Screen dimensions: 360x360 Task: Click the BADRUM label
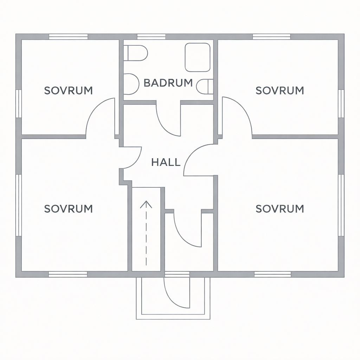(x=168, y=83)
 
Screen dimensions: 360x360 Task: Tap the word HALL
(x=166, y=162)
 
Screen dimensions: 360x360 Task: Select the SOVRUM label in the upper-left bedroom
(x=69, y=90)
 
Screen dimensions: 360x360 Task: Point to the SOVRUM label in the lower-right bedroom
(x=280, y=209)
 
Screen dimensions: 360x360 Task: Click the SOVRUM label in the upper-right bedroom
(x=280, y=90)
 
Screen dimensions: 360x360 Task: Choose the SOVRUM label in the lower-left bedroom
(x=69, y=209)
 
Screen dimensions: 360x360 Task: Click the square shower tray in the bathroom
(x=198, y=57)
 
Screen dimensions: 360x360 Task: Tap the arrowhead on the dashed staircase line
(x=146, y=204)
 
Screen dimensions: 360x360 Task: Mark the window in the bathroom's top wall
(x=151, y=37)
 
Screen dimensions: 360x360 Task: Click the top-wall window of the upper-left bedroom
(x=69, y=37)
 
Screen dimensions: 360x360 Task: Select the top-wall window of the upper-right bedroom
(x=272, y=37)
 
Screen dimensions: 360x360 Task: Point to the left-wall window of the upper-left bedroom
(x=19, y=104)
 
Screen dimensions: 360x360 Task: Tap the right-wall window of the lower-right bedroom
(x=341, y=205)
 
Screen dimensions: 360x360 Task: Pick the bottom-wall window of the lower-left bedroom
(x=68, y=274)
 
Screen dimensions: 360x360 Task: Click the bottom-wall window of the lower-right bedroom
(x=273, y=274)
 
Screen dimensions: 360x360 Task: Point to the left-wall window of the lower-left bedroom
(x=19, y=205)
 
